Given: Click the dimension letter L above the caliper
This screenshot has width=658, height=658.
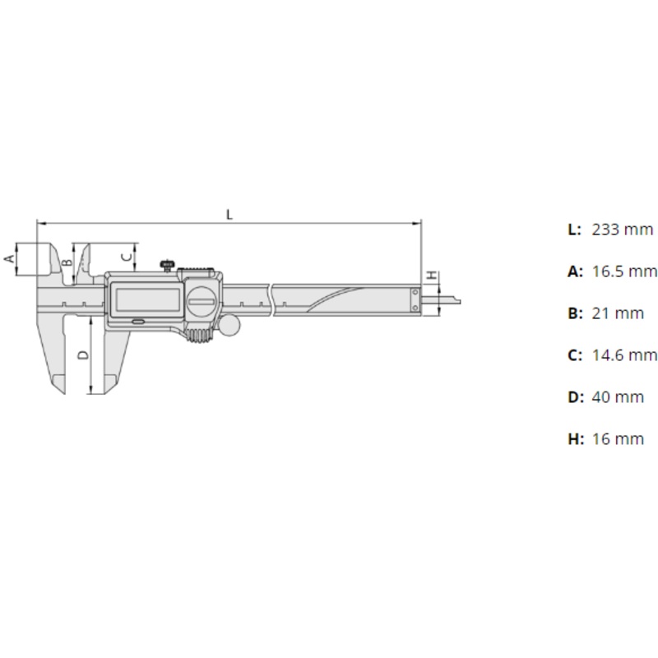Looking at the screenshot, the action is point(229,215).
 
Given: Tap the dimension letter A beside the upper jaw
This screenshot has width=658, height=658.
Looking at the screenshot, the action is point(9,258).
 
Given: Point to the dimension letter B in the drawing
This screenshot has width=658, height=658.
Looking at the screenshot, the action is point(67,262).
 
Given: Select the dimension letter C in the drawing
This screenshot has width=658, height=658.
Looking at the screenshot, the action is point(127,257).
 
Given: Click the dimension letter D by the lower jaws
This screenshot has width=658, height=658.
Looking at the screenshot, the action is point(84,355).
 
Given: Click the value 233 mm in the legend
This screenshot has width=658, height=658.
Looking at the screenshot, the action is point(623,229).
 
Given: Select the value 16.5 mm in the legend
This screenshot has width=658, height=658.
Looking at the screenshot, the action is point(624,271).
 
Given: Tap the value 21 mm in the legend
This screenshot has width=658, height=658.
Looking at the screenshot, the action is point(618,313).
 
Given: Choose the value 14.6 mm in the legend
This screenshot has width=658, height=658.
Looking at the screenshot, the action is point(624,355).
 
